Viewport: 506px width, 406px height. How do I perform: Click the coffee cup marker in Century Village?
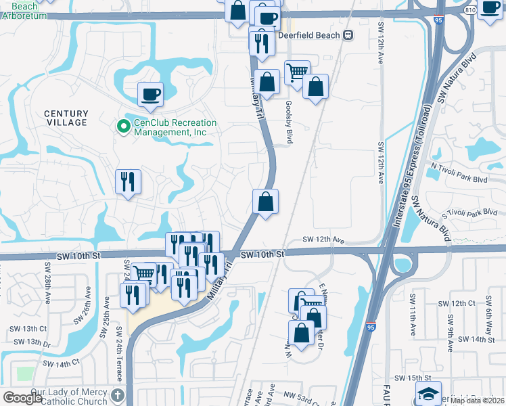pos(150,94)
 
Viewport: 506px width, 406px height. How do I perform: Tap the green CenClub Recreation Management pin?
pos(123,127)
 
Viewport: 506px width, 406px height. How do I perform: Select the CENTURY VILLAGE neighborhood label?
pos(66,118)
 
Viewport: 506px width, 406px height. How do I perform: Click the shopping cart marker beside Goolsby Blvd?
pos(296,73)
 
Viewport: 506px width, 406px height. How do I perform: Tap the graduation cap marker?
pos(428,393)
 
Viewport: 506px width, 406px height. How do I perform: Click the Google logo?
pos(22,398)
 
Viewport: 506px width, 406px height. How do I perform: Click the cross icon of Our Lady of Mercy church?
pos(118,394)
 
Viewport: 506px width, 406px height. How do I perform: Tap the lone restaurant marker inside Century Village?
pos(128,182)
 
